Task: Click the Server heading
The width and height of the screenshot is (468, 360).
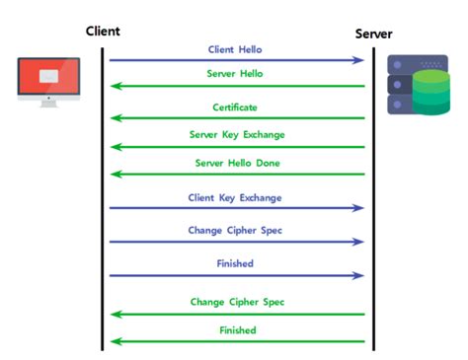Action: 373,35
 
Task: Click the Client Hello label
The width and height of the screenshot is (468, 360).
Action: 235,48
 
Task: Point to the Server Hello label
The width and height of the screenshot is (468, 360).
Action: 235,74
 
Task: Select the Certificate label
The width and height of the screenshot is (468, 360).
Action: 235,107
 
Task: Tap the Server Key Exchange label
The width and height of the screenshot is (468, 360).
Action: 235,134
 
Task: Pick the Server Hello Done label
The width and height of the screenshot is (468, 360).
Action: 235,162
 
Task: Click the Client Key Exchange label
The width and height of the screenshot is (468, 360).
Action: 235,197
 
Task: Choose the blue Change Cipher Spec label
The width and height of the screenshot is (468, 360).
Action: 235,231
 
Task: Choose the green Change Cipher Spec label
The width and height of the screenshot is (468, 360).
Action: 235,301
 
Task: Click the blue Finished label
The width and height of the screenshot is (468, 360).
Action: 235,264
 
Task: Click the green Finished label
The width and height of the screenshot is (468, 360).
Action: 235,330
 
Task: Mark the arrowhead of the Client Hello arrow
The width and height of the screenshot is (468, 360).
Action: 359,60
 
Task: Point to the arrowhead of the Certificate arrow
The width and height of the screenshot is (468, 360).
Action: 115,118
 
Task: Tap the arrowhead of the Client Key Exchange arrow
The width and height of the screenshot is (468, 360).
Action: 359,208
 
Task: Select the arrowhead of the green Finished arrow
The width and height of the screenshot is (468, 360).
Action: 115,342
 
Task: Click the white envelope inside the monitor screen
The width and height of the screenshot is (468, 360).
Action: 47,76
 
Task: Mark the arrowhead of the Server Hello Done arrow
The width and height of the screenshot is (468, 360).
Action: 115,174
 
